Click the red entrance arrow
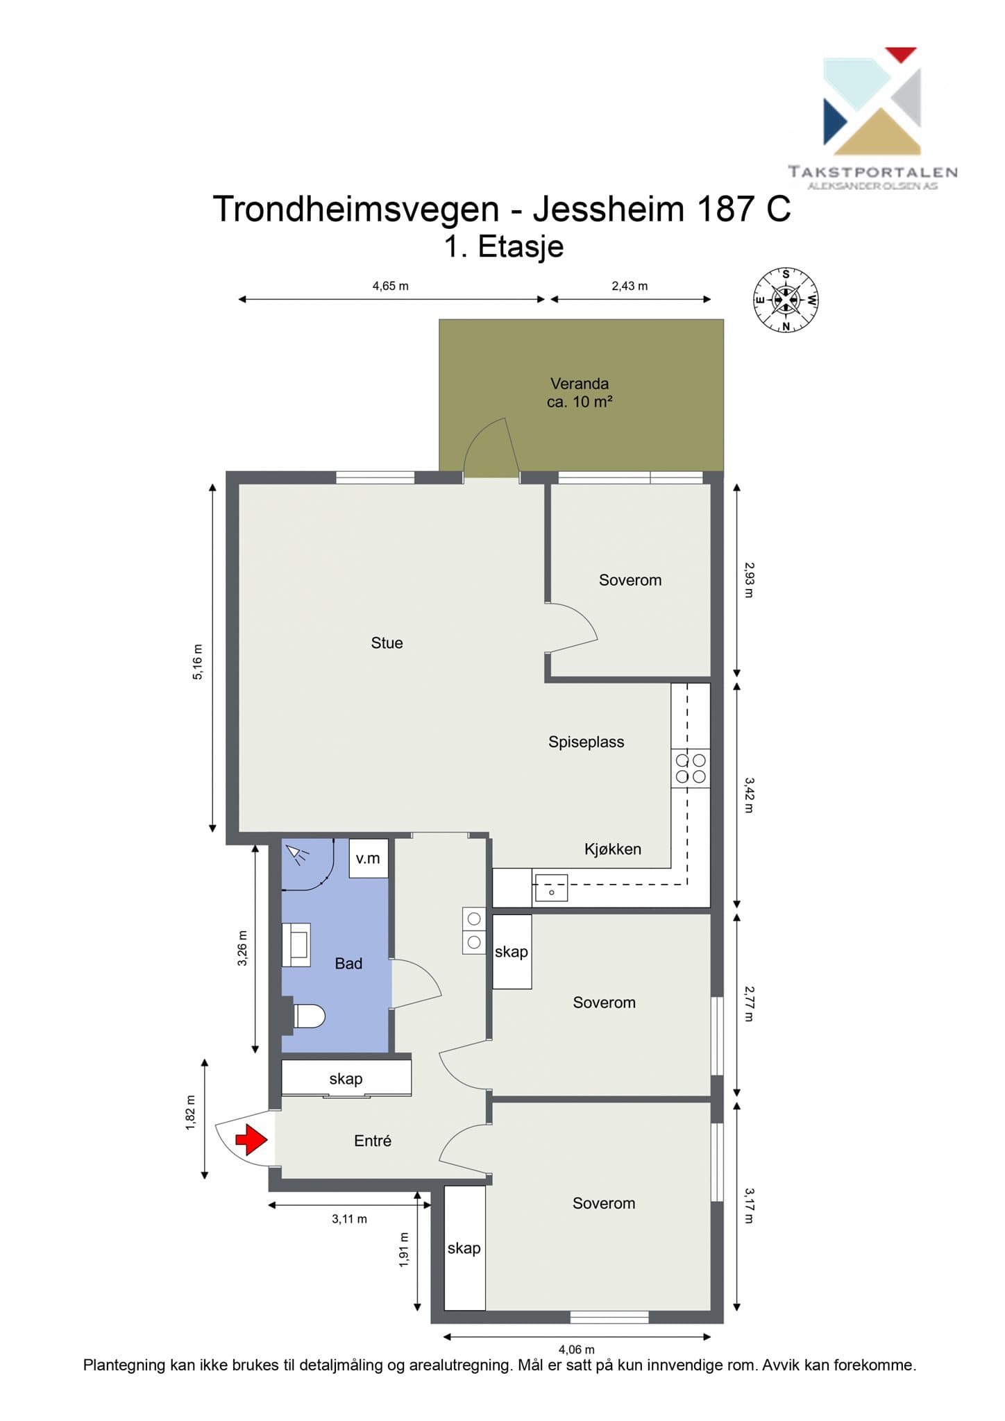[x=251, y=1139]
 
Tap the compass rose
[x=786, y=300]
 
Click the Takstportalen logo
[x=872, y=119]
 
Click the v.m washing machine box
[x=368, y=858]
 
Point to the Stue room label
[x=387, y=643]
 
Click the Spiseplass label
[x=586, y=742]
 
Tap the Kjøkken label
[x=613, y=849]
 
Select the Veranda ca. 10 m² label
[x=580, y=393]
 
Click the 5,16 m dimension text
[x=198, y=662]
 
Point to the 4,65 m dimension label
[x=391, y=286]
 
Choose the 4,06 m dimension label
[x=577, y=1350]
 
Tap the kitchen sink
[x=551, y=888]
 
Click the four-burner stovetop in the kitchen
[x=691, y=768]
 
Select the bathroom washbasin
[x=296, y=944]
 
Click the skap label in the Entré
[x=346, y=1079]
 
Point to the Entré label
[x=373, y=1141]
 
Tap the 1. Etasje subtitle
[x=504, y=246]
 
